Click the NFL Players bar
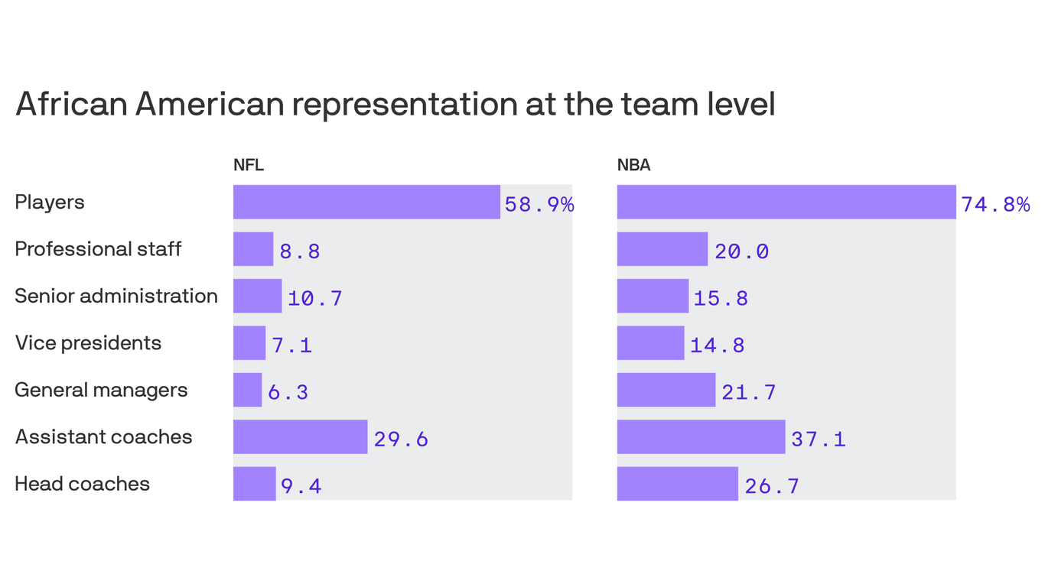click(x=366, y=202)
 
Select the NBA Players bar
click(x=786, y=202)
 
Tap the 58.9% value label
click(x=539, y=204)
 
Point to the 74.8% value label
click(x=995, y=204)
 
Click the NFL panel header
click(x=248, y=165)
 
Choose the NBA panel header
click(x=633, y=165)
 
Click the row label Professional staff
click(x=98, y=249)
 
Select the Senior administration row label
click(x=116, y=296)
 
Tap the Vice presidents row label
click(x=88, y=343)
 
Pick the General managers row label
click(x=101, y=390)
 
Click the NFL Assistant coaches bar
click(x=300, y=436)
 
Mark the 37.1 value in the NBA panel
click(x=819, y=439)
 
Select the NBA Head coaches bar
click(x=677, y=484)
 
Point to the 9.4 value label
click(x=301, y=485)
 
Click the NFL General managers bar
click(x=247, y=390)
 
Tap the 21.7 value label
click(x=749, y=392)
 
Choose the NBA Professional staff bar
click(x=662, y=249)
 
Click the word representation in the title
click(x=404, y=103)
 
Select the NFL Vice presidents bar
click(x=249, y=343)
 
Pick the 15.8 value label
click(x=721, y=298)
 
